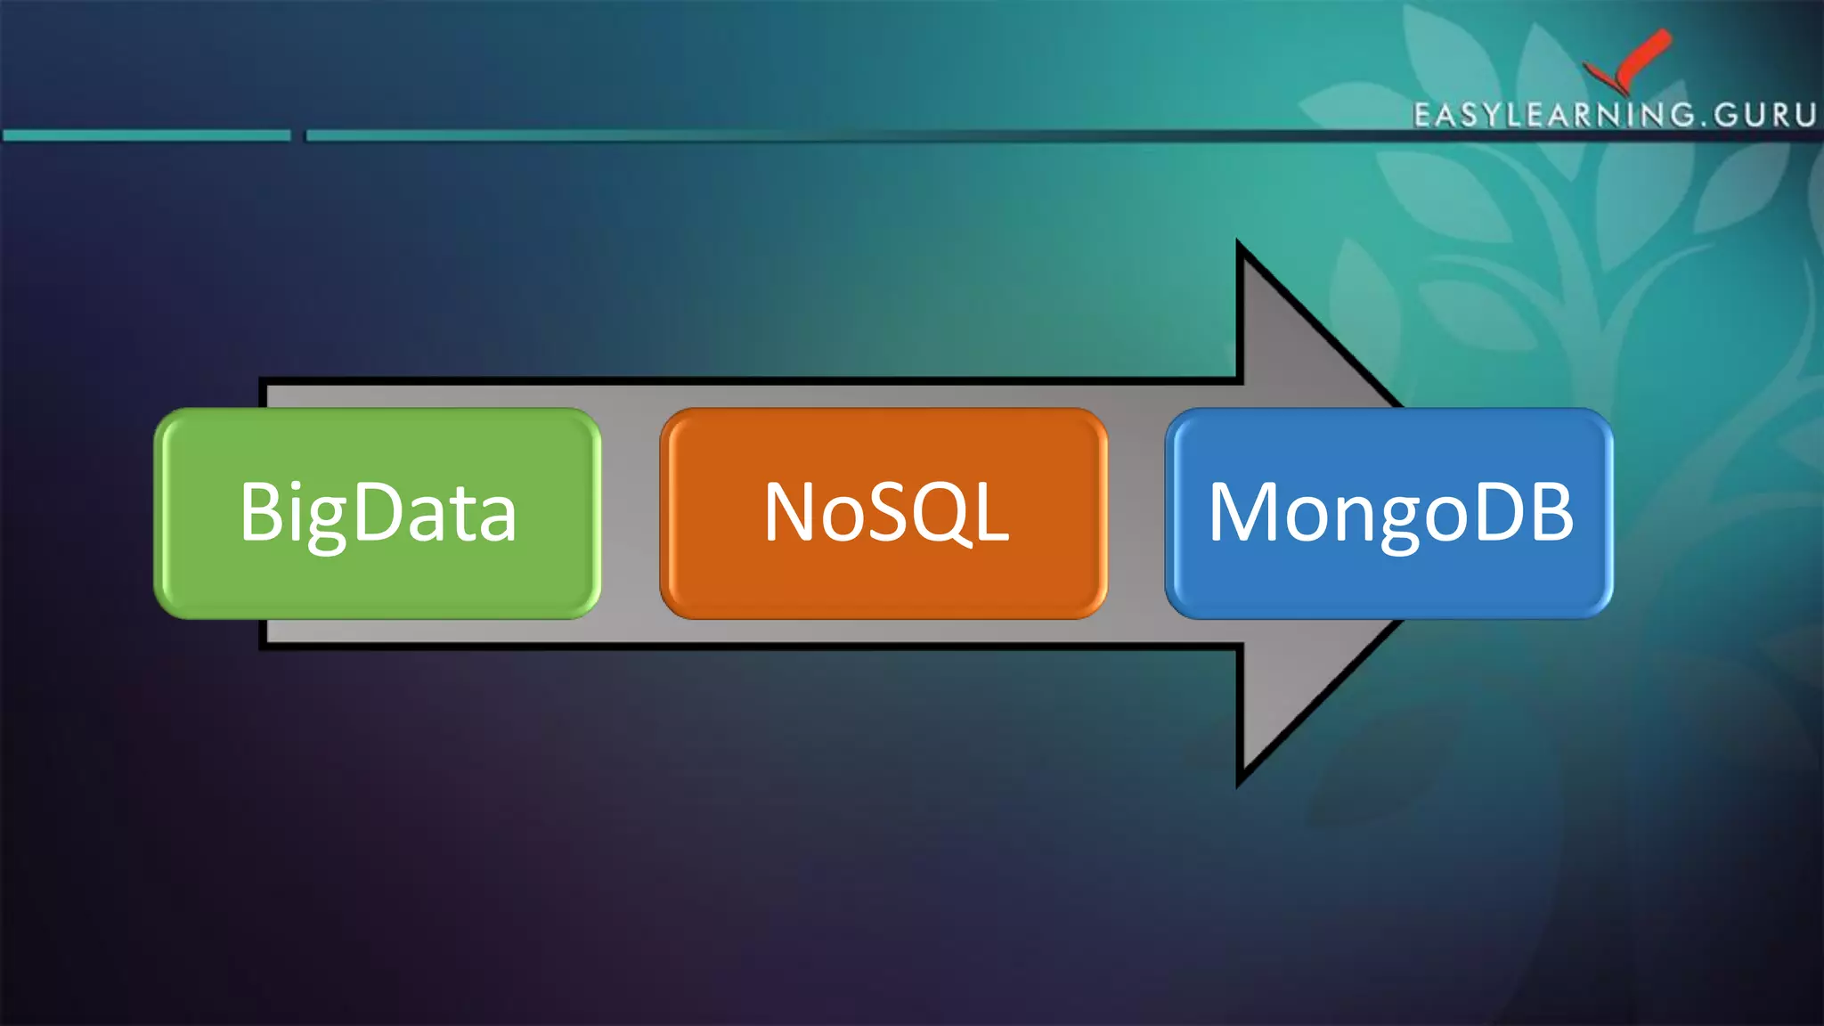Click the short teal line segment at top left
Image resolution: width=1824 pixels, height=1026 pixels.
[x=147, y=135]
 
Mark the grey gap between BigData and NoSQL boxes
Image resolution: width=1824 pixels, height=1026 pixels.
[x=631, y=514]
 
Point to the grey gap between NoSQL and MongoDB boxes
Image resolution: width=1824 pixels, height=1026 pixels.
[x=1136, y=514]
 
